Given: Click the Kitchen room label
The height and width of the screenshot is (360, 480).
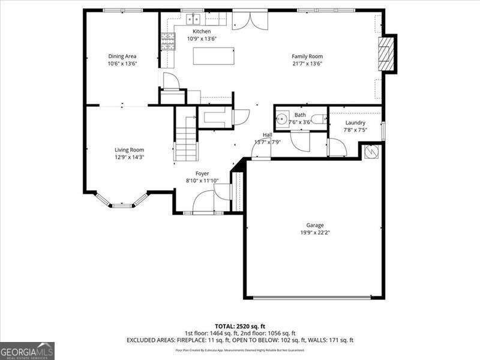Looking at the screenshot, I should [201, 31].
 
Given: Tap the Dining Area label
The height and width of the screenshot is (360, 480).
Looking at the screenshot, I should [122, 56].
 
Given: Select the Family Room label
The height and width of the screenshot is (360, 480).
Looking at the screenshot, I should [307, 56].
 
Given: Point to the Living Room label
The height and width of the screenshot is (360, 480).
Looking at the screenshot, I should [130, 150].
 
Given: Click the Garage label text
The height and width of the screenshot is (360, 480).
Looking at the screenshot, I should [315, 226].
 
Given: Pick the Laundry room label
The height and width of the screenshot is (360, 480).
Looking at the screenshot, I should [355, 123].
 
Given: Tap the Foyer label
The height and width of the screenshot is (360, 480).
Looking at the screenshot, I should [202, 173].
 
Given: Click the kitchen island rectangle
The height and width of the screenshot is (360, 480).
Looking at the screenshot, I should [213, 56].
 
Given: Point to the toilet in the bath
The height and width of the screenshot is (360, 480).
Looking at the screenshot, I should [320, 118].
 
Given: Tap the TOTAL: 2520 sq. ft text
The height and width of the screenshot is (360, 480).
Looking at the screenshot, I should [239, 326].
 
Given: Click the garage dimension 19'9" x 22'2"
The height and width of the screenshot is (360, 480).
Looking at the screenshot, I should [315, 233].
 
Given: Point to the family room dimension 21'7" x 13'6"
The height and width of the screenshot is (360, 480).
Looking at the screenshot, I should [307, 64].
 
